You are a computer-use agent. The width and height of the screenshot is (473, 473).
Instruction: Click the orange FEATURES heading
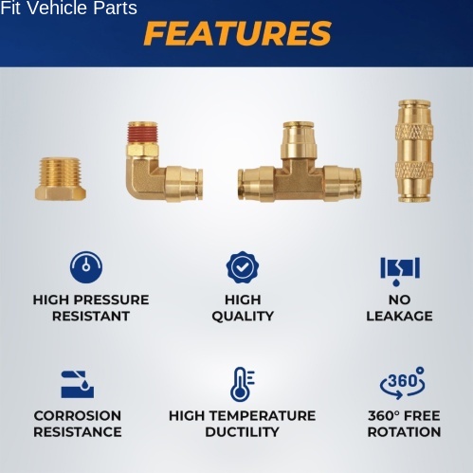point(237,33)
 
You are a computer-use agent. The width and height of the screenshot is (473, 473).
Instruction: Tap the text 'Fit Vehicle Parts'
point(68,8)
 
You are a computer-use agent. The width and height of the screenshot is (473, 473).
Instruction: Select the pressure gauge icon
point(86,267)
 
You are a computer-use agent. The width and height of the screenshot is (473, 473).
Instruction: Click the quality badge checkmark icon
point(243,267)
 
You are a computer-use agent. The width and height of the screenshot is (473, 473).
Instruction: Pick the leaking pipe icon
point(400,271)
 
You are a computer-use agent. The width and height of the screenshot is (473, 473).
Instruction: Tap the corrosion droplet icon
point(78,384)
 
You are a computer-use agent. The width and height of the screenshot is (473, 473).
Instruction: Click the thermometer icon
point(242,384)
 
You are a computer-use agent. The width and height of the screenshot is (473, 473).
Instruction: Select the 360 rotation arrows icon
point(402,383)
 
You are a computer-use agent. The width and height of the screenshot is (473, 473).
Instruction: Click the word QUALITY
point(243,317)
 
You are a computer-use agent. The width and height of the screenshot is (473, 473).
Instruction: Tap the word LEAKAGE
point(399,316)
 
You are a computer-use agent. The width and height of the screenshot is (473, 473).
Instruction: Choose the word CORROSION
point(78,416)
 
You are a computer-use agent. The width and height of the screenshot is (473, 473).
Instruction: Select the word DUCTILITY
point(242,432)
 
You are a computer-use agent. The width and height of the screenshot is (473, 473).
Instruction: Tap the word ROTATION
point(404,432)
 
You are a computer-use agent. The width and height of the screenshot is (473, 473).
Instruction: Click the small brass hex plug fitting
point(61,179)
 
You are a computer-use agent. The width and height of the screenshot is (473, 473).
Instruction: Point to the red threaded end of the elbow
point(142,133)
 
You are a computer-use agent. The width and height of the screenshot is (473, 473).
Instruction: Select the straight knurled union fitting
point(414,151)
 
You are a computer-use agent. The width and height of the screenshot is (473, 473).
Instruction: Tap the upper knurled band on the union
point(414,133)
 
